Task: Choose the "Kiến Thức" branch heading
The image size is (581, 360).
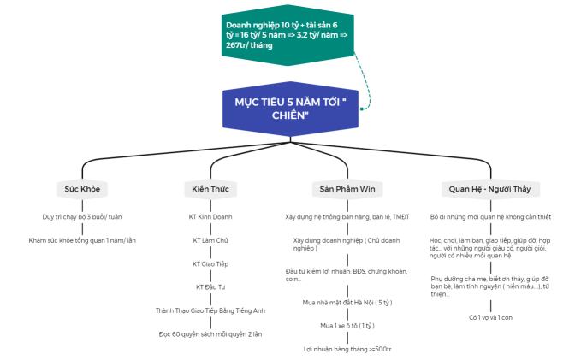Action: pyautogui.click(x=210, y=188)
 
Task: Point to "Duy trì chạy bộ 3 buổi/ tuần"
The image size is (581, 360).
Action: pyautogui.click(x=82, y=216)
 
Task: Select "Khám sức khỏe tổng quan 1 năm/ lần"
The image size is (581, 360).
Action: pyautogui.click(x=82, y=240)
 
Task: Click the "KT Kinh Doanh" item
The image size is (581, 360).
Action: pyautogui.click(x=210, y=216)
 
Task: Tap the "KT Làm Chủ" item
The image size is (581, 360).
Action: pyautogui.click(x=210, y=240)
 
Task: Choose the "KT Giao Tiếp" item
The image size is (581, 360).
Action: pyautogui.click(x=210, y=263)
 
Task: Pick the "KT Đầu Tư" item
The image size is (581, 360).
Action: pyautogui.click(x=210, y=286)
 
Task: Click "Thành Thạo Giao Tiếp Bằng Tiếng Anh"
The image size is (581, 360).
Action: pyautogui.click(x=210, y=310)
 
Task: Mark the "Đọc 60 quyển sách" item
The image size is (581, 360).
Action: pyautogui.click(x=210, y=333)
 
